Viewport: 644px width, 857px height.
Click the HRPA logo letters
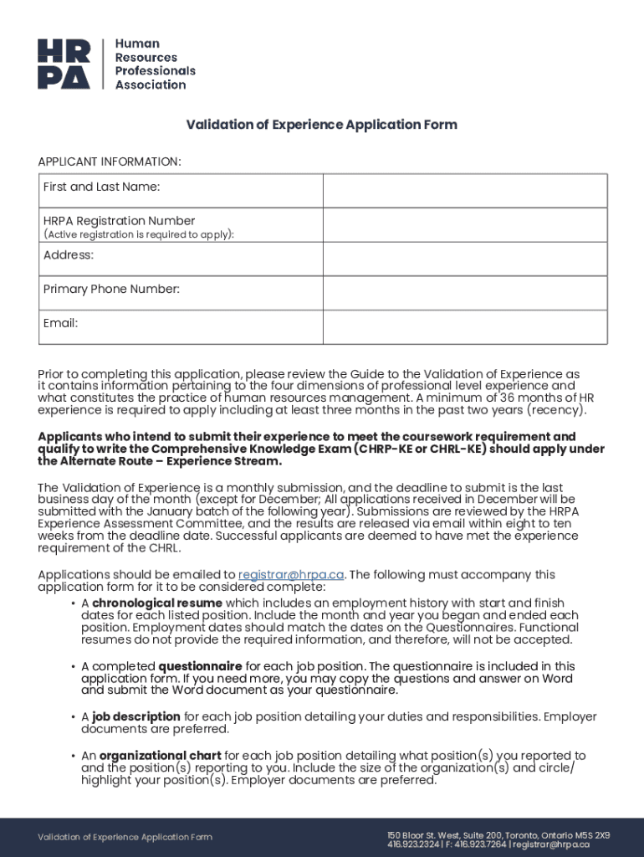63,64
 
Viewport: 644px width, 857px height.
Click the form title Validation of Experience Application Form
321,125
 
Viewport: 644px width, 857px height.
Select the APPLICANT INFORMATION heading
109,161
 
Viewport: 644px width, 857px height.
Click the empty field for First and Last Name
465,190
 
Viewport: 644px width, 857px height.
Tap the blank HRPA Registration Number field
465,225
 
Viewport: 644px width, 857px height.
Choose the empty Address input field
465,259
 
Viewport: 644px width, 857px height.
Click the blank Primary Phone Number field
465,293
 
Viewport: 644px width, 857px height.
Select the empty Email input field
465,326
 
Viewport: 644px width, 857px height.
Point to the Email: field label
60,323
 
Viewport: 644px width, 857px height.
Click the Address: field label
69,254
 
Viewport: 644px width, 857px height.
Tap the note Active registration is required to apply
139,234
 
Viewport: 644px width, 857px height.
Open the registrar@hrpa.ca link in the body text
291,575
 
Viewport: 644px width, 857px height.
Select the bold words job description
136,716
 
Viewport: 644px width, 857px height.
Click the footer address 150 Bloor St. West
422,835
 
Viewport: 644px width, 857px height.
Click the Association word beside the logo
151,85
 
